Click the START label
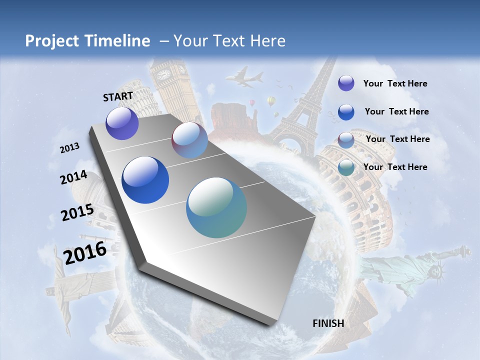tap(118, 96)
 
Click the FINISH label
tap(328, 323)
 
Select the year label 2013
tap(69, 148)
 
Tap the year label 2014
tap(73, 177)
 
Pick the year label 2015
tap(77, 212)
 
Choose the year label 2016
tap(85, 253)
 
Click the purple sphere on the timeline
tap(122, 123)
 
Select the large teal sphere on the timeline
tap(216, 207)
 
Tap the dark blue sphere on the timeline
tap(145, 180)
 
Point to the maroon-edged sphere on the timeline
tap(189, 140)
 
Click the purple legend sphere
tap(346, 83)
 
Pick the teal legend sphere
tap(346, 167)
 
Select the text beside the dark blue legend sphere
tap(396, 111)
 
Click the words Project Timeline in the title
tap(87, 41)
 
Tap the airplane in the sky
tap(245, 77)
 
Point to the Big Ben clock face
tap(164, 74)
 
